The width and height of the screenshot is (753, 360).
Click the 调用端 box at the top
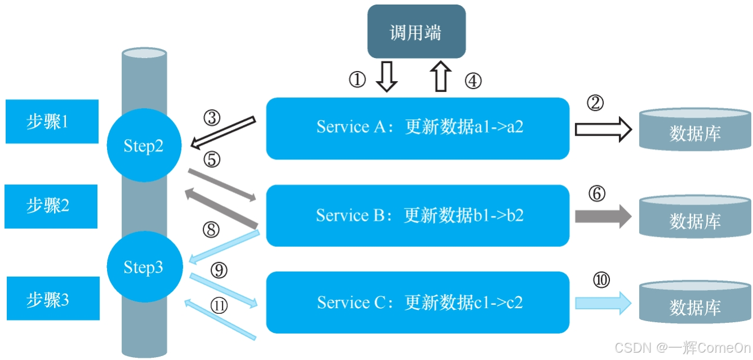coord(416,32)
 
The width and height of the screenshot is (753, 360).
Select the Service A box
coord(417,128)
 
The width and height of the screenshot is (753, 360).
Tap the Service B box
coord(417,215)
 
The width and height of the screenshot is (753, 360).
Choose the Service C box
coord(417,303)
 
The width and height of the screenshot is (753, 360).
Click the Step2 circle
coord(144,145)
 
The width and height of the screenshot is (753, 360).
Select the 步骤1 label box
coord(52,121)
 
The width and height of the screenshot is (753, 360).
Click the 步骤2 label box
coord(52,206)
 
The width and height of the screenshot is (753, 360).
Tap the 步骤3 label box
coord(52,299)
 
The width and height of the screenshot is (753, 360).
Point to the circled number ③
coord(212,118)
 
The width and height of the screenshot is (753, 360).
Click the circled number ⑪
coord(220,305)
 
